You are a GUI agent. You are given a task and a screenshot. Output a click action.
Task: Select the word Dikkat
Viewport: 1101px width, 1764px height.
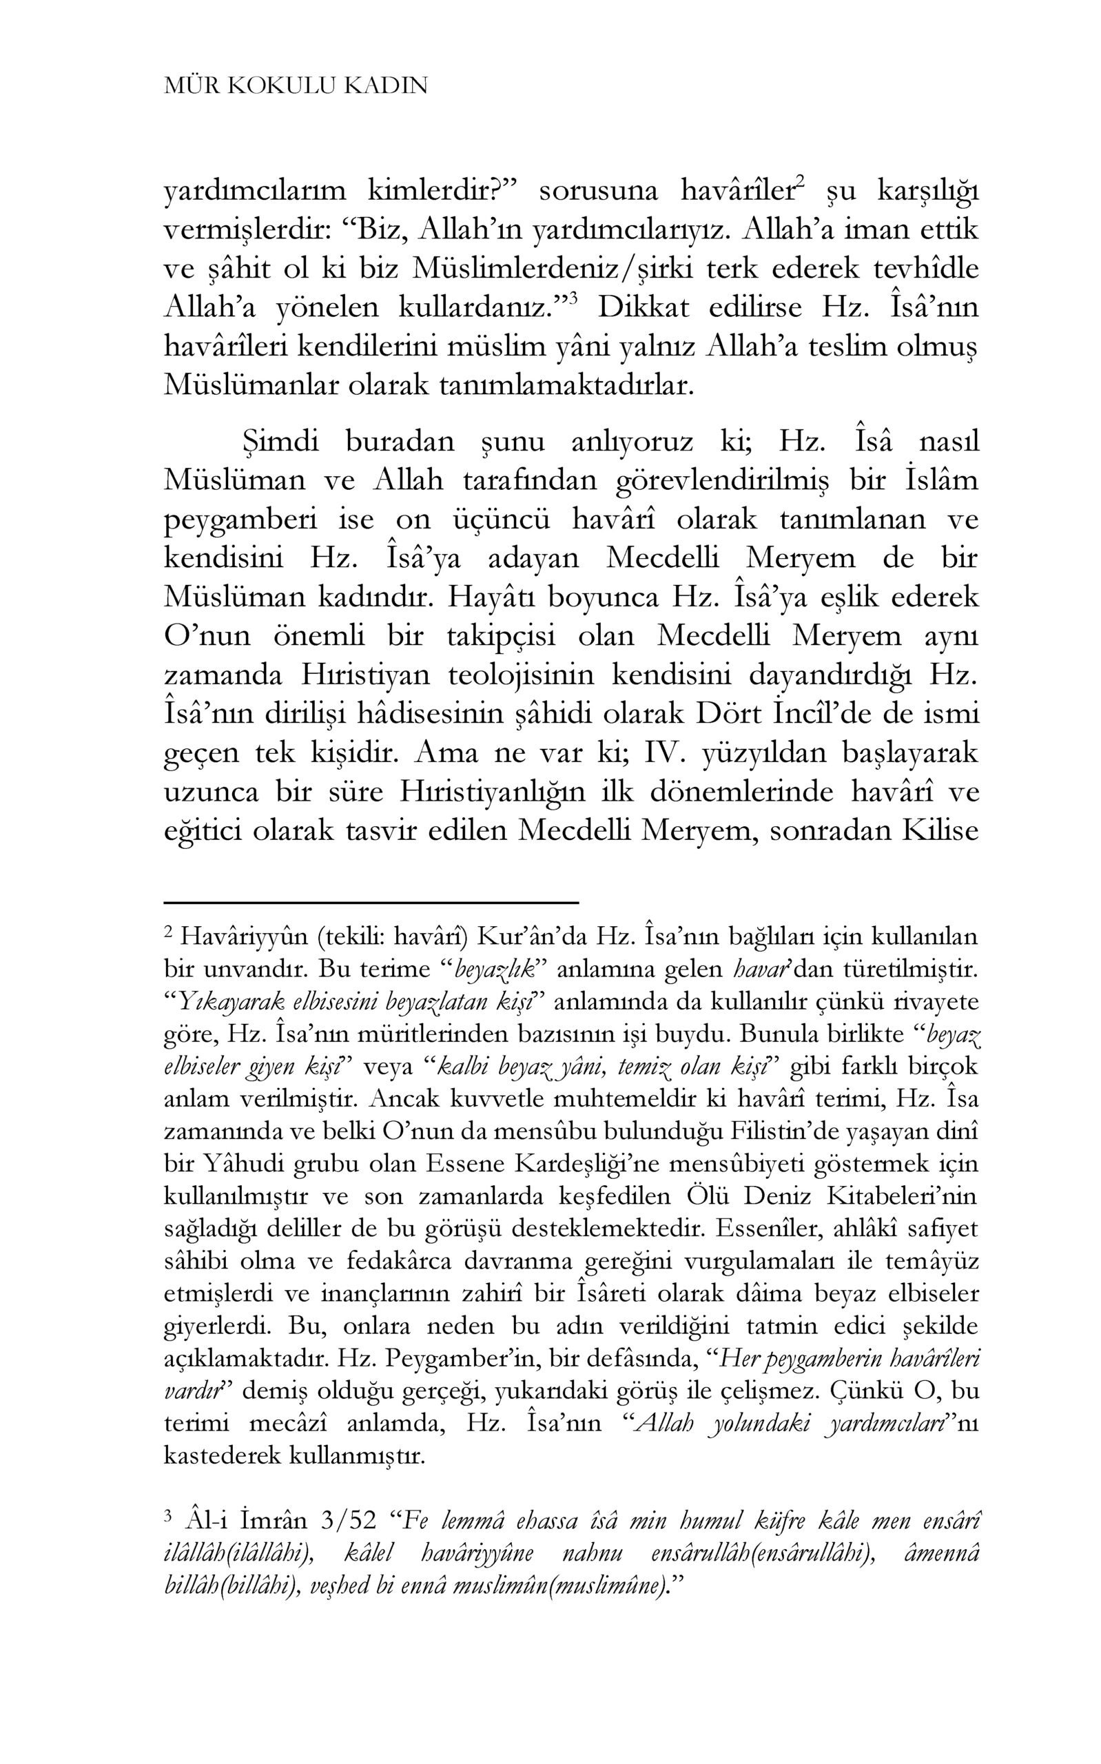pos(642,308)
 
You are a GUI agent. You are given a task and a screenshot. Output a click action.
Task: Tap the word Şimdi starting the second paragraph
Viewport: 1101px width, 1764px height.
pos(280,442)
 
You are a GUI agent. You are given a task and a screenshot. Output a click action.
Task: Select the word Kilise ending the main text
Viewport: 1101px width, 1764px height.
pos(940,831)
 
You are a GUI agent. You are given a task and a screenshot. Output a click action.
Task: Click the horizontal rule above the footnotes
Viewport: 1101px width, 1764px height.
pos(371,903)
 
